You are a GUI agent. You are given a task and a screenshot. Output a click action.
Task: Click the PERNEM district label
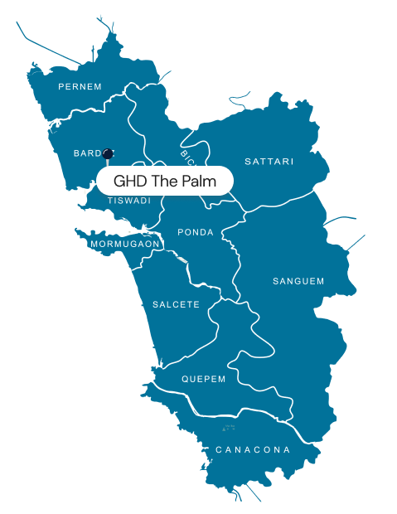tap(80, 86)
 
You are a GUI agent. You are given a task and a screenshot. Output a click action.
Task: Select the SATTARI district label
tap(269, 162)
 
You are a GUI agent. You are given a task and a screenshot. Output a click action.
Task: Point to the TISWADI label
tap(129, 200)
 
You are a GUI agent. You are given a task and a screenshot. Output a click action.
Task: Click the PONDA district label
tap(196, 233)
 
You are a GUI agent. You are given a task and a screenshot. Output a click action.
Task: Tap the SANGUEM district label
tap(298, 282)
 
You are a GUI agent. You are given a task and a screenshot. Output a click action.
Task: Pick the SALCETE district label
tap(176, 305)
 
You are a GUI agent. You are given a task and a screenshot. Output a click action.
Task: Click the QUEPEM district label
tap(203, 379)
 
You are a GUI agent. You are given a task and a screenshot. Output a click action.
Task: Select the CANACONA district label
tap(253, 450)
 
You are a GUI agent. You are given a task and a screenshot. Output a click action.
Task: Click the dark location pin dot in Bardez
tap(108, 153)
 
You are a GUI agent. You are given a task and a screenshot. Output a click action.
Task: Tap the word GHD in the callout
tap(130, 181)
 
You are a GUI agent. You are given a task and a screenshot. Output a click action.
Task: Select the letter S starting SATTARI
tap(247, 162)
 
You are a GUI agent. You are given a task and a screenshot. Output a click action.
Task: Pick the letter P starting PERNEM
tap(61, 86)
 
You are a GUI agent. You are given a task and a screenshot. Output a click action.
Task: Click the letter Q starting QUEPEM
tap(184, 379)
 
